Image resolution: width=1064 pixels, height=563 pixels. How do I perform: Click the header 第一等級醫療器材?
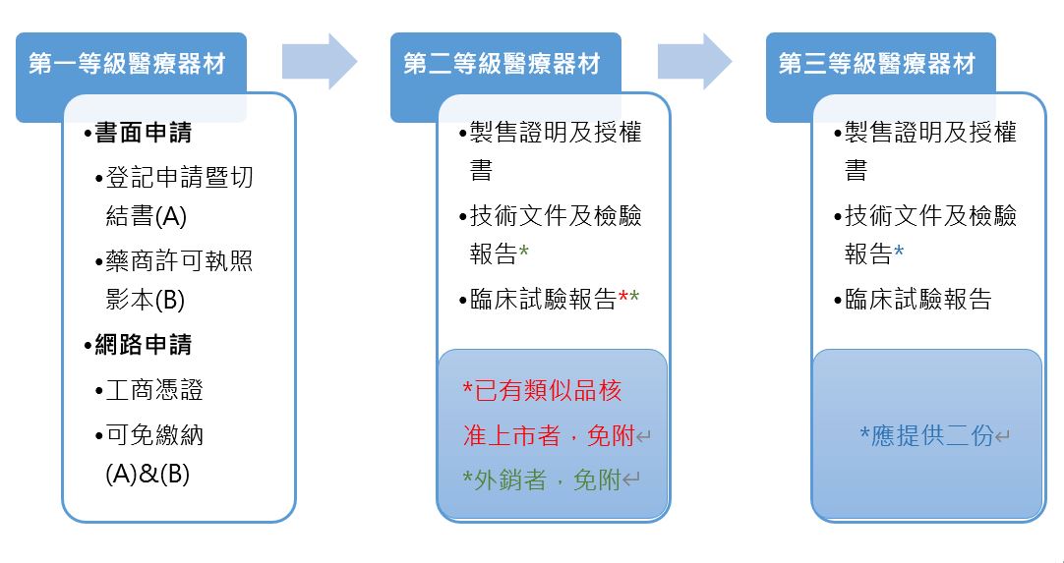[x=127, y=64]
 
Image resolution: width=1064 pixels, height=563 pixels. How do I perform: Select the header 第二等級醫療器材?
[x=502, y=64]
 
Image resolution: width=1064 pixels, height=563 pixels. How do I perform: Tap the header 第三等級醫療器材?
[x=877, y=64]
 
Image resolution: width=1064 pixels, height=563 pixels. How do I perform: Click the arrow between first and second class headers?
[x=320, y=61]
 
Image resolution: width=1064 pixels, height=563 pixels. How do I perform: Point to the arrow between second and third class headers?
[x=695, y=61]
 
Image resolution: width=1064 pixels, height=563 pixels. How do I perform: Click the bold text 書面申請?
[x=144, y=133]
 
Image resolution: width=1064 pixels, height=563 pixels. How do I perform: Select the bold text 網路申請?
[x=144, y=345]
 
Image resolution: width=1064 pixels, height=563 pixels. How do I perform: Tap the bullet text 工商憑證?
[x=154, y=390]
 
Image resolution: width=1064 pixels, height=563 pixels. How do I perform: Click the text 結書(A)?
[x=146, y=216]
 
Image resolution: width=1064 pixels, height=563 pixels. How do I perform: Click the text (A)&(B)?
[x=148, y=475]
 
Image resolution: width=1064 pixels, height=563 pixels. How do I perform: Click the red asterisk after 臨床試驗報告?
[x=622, y=297]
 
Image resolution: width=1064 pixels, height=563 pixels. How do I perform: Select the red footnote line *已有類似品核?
[x=542, y=391]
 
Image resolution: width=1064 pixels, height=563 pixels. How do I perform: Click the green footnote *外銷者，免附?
[x=542, y=480]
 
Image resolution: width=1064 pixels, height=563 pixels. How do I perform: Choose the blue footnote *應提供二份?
[x=926, y=435]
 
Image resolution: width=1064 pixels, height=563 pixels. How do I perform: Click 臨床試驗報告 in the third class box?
[x=918, y=299]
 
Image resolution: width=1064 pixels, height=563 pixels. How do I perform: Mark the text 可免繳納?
[x=154, y=435]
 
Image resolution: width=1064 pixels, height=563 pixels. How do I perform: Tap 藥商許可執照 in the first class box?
[x=179, y=260]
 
